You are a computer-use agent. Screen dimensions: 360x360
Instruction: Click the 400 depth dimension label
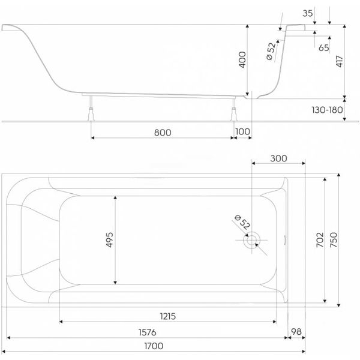(242, 60)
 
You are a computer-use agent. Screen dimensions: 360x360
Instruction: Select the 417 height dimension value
(340, 61)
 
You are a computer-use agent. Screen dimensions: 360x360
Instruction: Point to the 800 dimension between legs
(162, 131)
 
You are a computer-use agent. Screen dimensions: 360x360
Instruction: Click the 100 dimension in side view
(242, 131)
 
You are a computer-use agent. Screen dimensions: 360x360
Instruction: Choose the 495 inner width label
(110, 240)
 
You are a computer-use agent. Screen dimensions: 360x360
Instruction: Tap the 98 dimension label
(295, 332)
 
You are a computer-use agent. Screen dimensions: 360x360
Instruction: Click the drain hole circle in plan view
(251, 240)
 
